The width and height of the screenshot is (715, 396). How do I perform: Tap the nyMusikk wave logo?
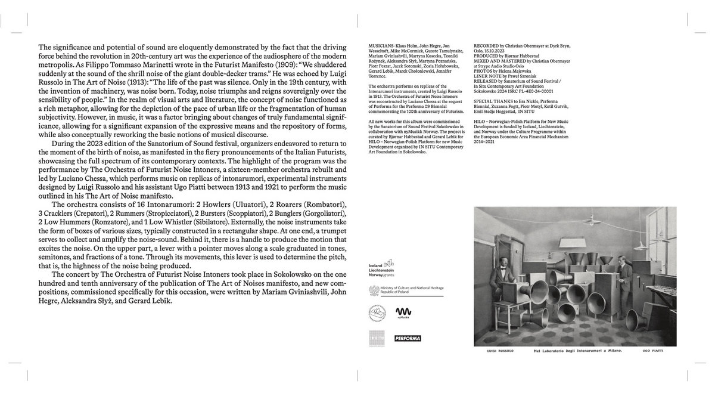point(403,312)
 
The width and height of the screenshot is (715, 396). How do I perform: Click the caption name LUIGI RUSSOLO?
point(495,351)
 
